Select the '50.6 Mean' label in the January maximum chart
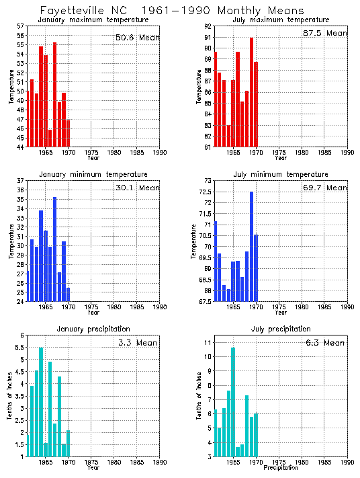137,38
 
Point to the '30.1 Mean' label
137,188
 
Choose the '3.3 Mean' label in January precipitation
137,342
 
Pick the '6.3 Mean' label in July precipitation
325,342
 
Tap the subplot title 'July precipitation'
280,329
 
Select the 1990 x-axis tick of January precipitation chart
159,463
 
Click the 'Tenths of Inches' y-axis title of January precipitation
10,397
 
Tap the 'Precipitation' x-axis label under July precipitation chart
281,467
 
